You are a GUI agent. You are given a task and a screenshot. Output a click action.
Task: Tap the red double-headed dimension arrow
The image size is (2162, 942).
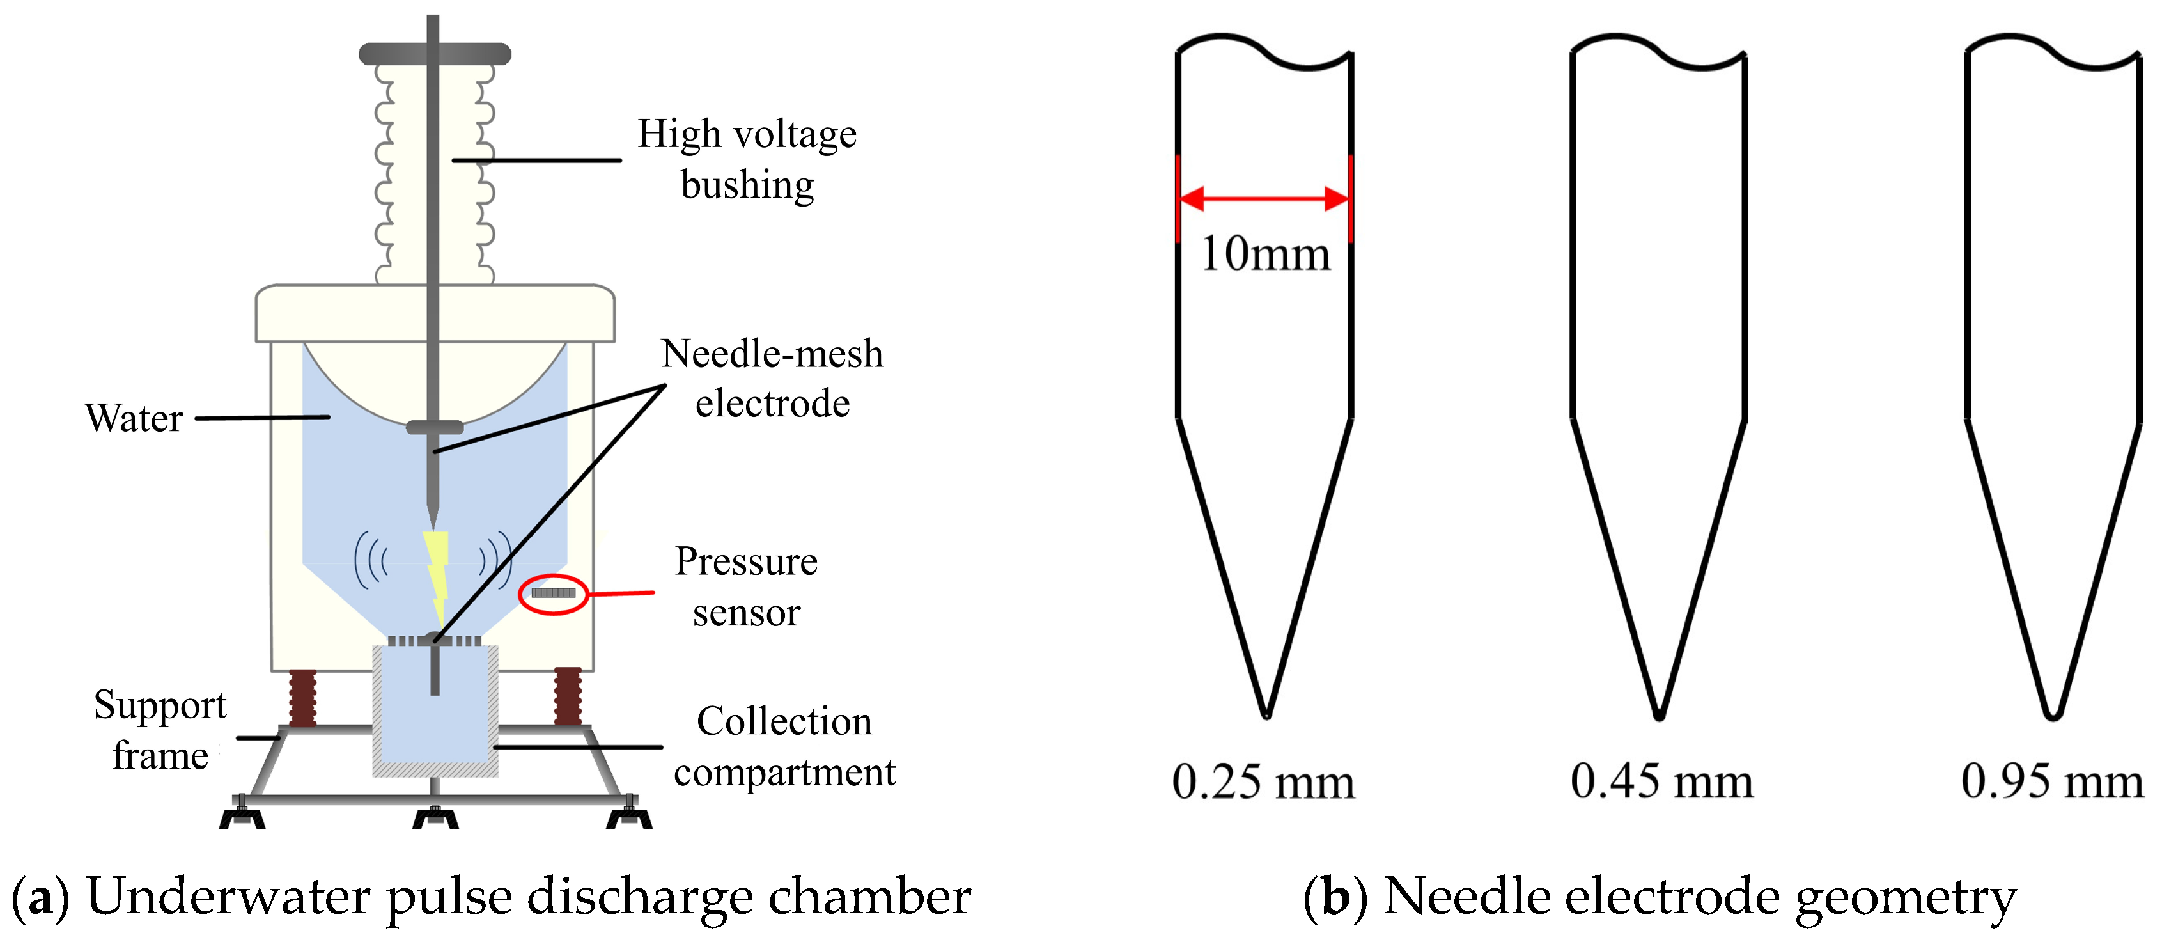pyautogui.click(x=1264, y=199)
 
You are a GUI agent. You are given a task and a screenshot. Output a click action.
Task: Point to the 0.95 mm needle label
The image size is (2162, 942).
pyautogui.click(x=2052, y=781)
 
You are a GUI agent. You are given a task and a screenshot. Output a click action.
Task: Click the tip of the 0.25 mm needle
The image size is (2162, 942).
pyautogui.click(x=1266, y=716)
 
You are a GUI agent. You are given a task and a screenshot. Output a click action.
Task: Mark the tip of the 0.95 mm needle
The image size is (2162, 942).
pyautogui.click(x=2052, y=716)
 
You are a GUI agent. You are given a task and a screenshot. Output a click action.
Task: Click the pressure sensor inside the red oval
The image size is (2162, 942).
pyautogui.click(x=553, y=593)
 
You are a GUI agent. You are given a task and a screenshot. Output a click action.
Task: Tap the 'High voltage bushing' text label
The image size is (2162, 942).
pyautogui.click(x=747, y=159)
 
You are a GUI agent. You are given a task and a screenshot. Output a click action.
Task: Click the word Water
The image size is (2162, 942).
pyautogui.click(x=134, y=418)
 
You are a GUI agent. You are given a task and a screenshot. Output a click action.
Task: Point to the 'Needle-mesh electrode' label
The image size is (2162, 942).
pyautogui.click(x=772, y=378)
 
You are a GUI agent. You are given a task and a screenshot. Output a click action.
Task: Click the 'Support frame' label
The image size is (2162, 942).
pyautogui.click(x=159, y=730)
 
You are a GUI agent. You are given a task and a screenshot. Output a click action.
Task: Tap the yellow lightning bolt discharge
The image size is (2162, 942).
pyautogui.click(x=437, y=575)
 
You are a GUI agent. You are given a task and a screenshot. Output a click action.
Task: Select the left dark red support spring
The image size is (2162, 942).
pyautogui.click(x=302, y=698)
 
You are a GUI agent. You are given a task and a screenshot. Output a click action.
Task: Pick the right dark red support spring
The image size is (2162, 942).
pyautogui.click(x=568, y=696)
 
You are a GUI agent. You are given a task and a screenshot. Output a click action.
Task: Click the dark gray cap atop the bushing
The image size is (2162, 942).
pyautogui.click(x=435, y=54)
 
